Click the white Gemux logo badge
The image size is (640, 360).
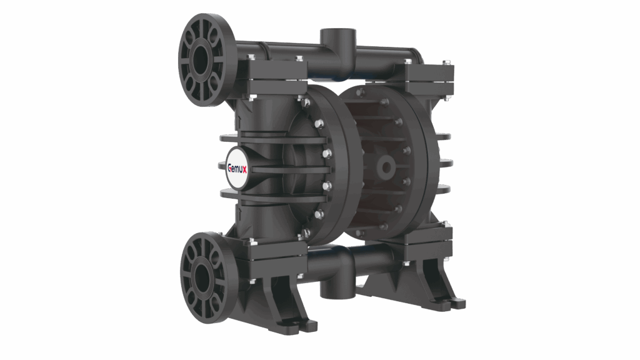pyautogui.click(x=237, y=167)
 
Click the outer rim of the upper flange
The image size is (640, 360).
pyautogui.click(x=185, y=47)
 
